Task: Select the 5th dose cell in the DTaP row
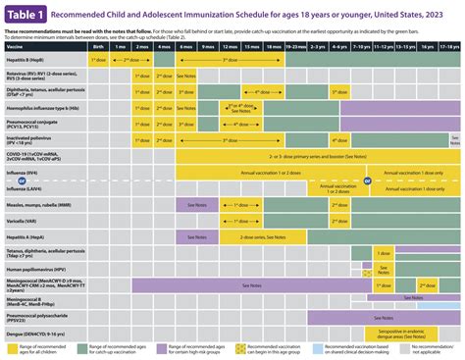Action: [339, 90]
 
